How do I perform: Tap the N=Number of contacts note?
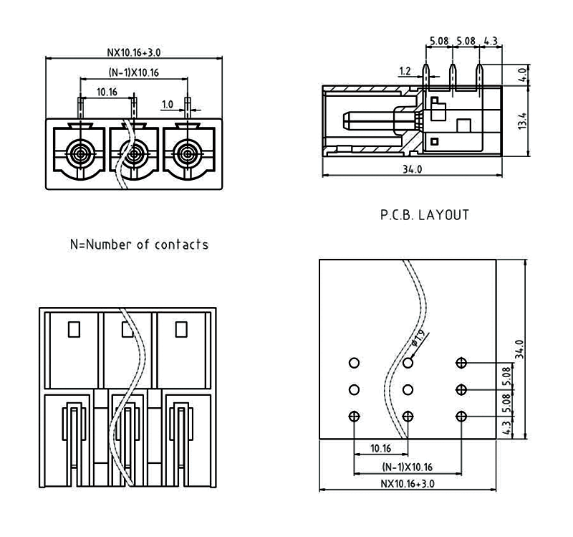[139, 244]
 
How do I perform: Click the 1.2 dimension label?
[405, 72]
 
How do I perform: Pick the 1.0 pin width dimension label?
[167, 105]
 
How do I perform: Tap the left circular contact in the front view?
[79, 153]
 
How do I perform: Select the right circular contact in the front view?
[188, 153]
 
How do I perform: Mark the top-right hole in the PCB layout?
[461, 363]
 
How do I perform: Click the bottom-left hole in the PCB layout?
[354, 417]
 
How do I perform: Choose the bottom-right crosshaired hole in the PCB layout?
[461, 417]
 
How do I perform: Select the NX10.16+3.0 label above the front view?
[133, 52]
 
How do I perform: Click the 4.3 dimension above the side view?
[490, 42]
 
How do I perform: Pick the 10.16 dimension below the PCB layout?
[380, 449]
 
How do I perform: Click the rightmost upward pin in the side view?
[478, 79]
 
